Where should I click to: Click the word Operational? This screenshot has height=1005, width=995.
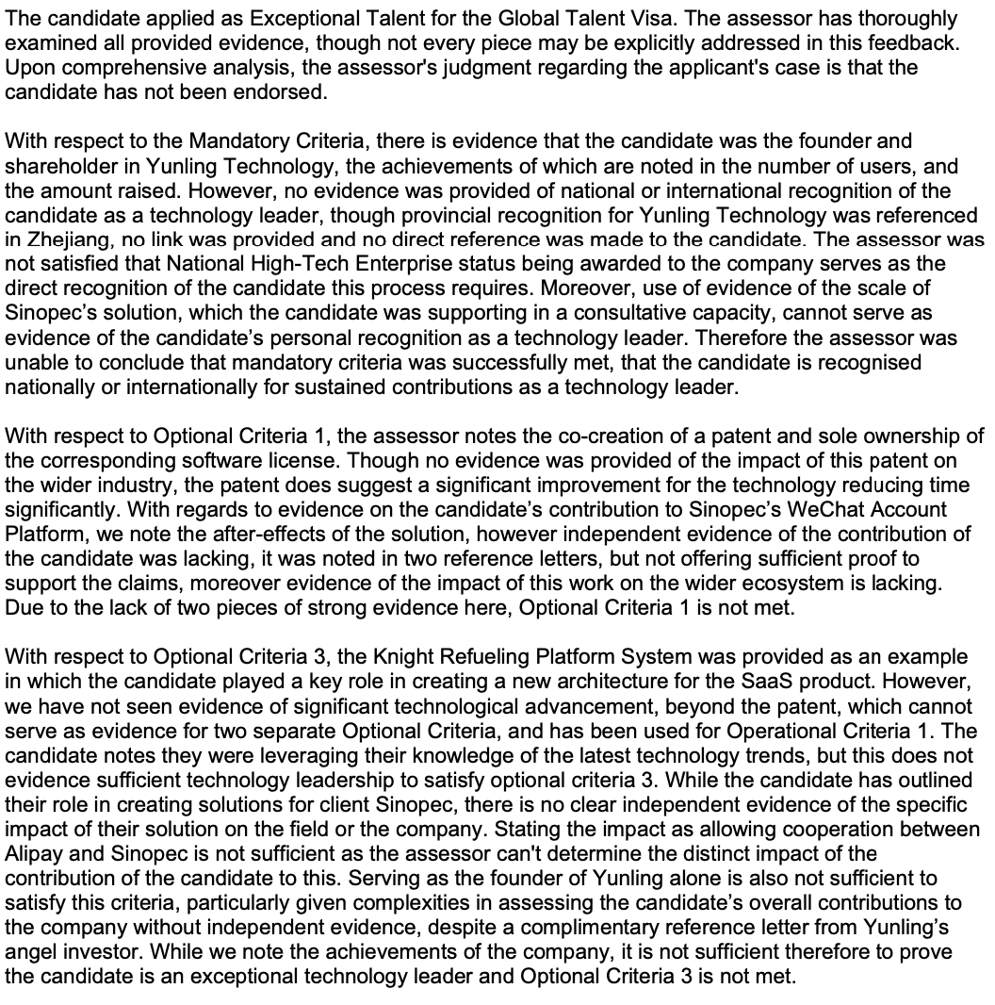click(807, 731)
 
